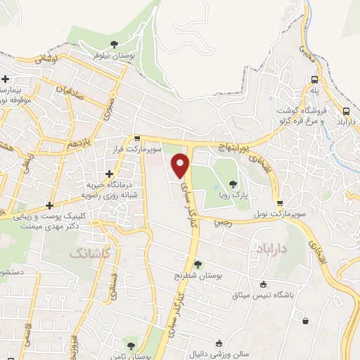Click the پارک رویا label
tap(233, 197)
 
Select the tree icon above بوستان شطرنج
tap(198, 265)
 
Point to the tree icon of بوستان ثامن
tap(130, 344)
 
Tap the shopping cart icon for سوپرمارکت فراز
tap(139, 139)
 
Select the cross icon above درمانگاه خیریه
tap(108, 174)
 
